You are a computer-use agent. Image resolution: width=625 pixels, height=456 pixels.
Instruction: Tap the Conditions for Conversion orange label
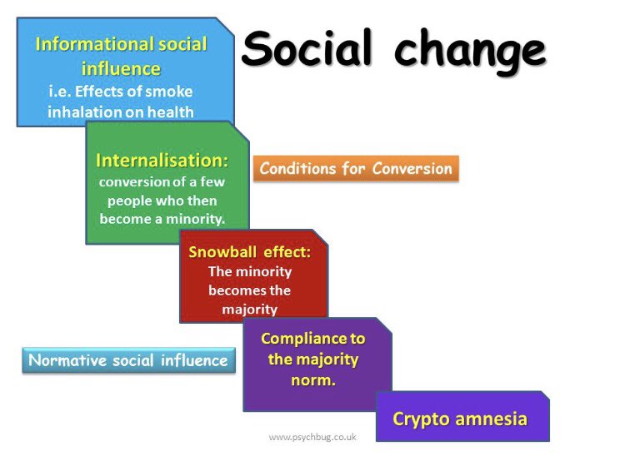pyautogui.click(x=356, y=169)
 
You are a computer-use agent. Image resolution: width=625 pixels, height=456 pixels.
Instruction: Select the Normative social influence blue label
pyautogui.click(x=128, y=360)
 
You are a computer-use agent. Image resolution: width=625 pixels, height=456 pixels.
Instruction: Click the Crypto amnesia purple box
pyautogui.click(x=459, y=419)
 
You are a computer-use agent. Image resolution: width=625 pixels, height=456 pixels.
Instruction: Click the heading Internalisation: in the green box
pyautogui.click(x=162, y=159)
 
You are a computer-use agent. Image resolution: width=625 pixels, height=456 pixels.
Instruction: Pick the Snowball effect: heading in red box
pyautogui.click(x=250, y=253)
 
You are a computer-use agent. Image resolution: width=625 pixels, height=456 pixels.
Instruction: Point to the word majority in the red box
pyautogui.click(x=249, y=309)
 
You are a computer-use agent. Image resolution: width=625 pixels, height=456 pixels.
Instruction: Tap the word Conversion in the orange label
pyautogui.click(x=413, y=169)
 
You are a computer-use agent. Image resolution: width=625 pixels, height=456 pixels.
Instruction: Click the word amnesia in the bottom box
pyautogui.click(x=488, y=419)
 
